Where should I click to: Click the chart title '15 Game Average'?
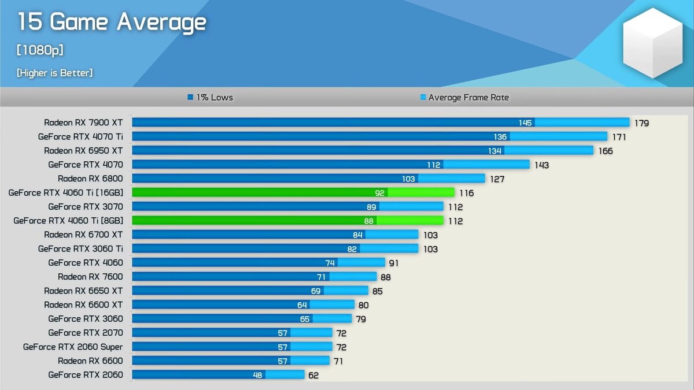[x=111, y=23]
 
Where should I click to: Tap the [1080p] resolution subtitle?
[x=40, y=50]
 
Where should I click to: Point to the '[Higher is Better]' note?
[x=55, y=73]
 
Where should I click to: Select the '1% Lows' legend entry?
[x=211, y=98]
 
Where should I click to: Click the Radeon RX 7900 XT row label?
[x=83, y=122]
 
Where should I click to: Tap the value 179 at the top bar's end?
[x=641, y=123]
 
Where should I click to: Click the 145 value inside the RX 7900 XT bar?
[x=525, y=122]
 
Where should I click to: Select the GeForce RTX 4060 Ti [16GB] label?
[x=65, y=192]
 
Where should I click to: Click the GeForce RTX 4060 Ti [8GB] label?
[x=68, y=221]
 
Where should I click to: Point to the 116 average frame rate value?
[x=466, y=193]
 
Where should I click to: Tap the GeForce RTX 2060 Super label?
[x=73, y=347]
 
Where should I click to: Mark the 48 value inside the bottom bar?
[x=257, y=375]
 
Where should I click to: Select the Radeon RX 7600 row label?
[x=90, y=277]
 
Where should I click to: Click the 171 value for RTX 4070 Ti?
[x=619, y=137]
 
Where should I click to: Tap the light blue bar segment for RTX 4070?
[x=486, y=165]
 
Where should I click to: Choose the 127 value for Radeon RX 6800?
[x=497, y=179]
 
